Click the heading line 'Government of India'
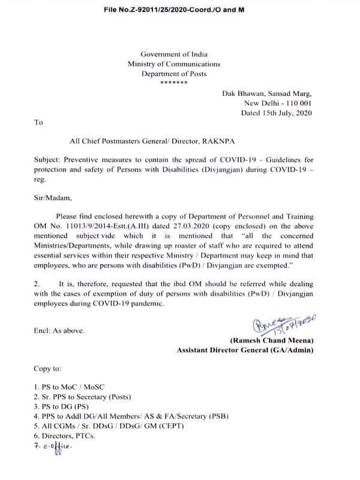tap(174, 54)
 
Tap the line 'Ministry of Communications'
tap(174, 64)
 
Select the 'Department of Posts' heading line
tap(174, 73)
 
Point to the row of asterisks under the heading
tap(174, 82)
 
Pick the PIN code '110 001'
tap(299, 104)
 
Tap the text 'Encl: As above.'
tap(59, 329)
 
